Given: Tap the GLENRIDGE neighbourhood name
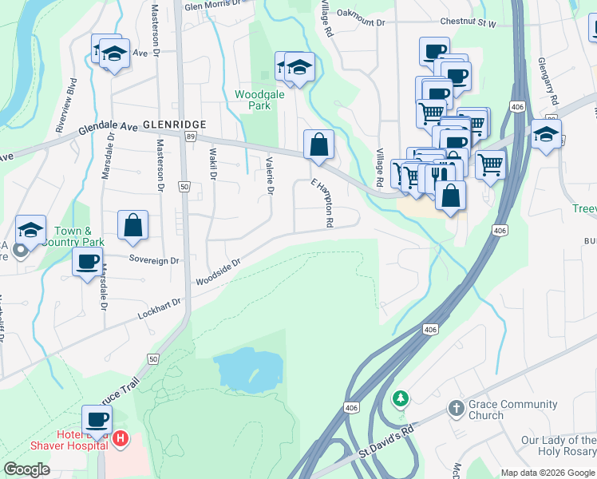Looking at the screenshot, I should (x=174, y=125).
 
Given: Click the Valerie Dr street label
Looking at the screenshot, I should (x=270, y=177).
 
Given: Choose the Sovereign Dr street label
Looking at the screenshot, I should (x=155, y=260).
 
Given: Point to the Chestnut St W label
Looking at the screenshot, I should (x=465, y=24).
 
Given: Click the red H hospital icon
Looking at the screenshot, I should (x=120, y=437).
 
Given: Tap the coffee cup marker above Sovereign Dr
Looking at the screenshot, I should (x=87, y=261).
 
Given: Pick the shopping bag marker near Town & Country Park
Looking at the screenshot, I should (x=133, y=226).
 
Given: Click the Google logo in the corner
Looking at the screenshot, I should (x=27, y=469).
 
